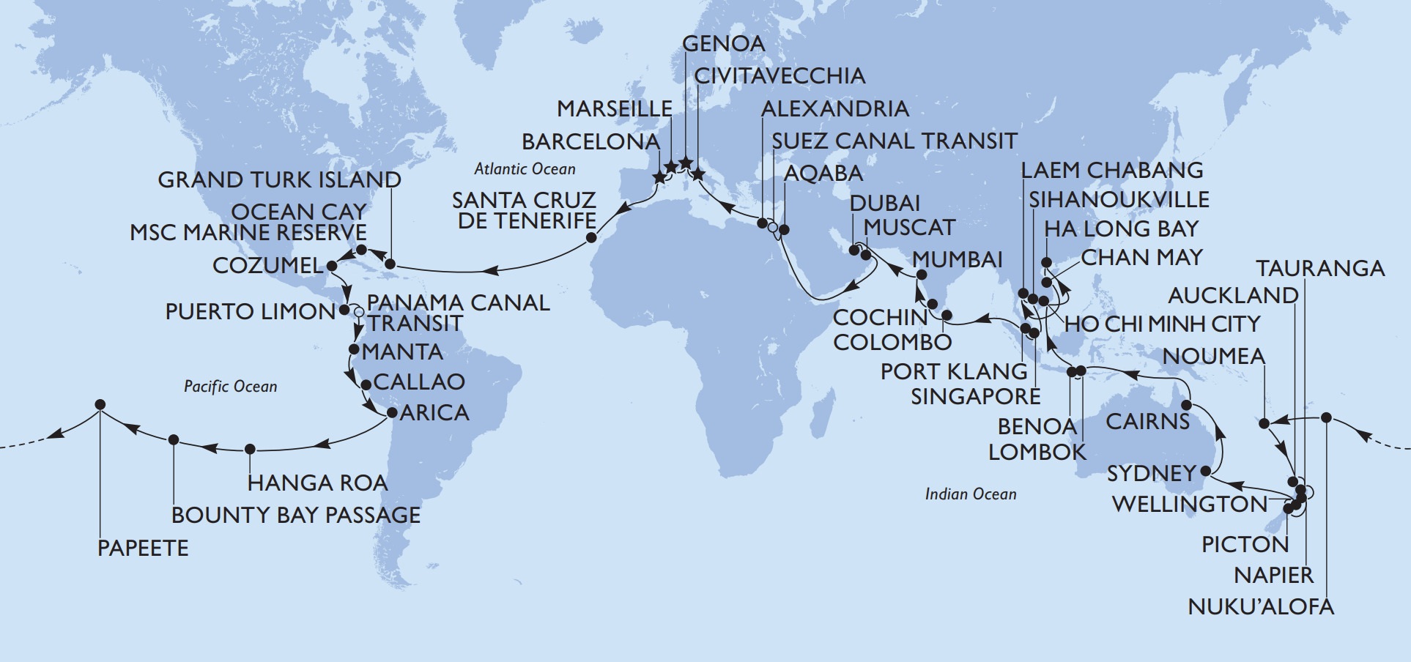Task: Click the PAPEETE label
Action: coord(143,548)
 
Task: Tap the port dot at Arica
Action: coord(391,413)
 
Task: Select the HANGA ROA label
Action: coord(317,483)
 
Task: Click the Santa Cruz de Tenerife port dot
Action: coord(592,238)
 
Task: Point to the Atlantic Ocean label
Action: coord(525,169)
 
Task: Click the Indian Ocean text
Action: coord(970,494)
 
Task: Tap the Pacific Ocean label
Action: coord(230,387)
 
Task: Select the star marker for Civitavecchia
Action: coord(697,175)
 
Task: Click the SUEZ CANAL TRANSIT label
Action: coord(895,141)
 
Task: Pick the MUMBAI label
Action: coord(957,259)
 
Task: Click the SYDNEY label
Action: coord(1151,473)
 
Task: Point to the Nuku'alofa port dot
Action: coord(1326,418)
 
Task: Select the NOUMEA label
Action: coord(1213,357)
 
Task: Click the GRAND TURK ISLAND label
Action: coord(280,180)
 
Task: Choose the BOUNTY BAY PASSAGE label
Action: coord(296,515)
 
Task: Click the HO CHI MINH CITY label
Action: coord(1162,324)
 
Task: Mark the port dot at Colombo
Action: coord(946,316)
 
